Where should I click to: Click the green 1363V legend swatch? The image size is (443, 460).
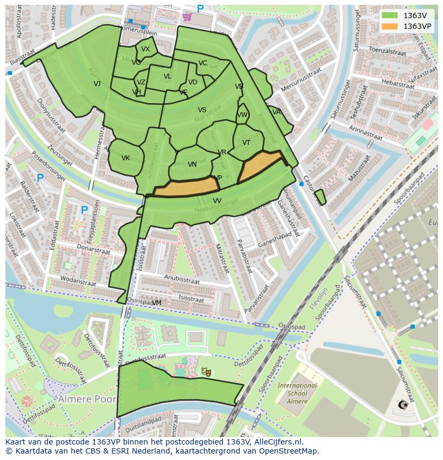(x=390, y=15)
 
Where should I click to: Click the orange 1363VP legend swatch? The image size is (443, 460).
(x=390, y=26)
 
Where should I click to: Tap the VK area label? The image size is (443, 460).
(x=126, y=158)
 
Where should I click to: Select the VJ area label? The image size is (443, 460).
(x=97, y=84)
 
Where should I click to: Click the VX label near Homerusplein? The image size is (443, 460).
(x=146, y=49)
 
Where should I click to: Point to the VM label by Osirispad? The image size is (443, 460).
(x=156, y=303)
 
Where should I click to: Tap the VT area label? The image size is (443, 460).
(x=246, y=143)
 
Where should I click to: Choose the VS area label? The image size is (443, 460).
(x=202, y=110)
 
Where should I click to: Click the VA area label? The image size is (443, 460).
(x=276, y=112)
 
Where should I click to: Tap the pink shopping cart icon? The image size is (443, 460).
(x=187, y=17)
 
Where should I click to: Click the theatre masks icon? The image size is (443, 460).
(x=205, y=371)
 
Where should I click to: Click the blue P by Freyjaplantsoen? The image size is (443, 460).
(x=84, y=210)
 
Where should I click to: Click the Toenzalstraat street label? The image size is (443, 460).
(x=387, y=52)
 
